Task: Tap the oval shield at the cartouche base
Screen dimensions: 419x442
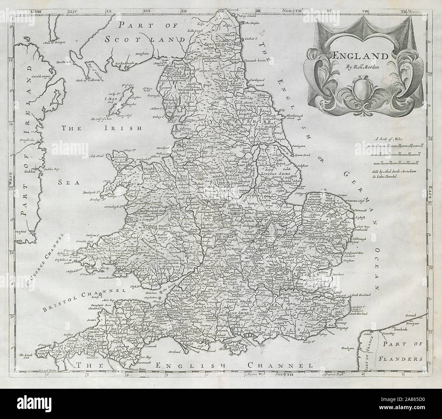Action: point(360,87)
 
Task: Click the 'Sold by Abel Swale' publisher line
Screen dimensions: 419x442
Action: point(397,168)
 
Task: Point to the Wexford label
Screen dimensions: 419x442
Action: point(21,231)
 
